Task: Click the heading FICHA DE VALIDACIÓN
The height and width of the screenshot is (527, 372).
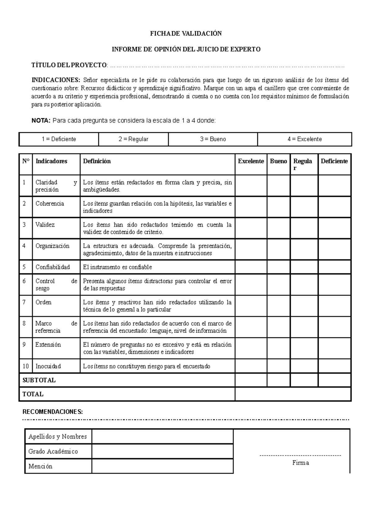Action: tap(186, 34)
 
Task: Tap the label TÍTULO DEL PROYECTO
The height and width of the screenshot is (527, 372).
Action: tap(69, 65)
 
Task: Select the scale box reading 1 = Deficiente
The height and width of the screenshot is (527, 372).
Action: tap(59, 139)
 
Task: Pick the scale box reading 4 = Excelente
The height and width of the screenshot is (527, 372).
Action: tap(304, 139)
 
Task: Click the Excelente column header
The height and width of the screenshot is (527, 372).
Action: tap(251, 161)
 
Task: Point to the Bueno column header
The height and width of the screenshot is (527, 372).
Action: tap(278, 161)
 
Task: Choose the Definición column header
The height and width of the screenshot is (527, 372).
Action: tap(97, 161)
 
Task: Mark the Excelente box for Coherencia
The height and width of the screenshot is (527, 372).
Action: tap(251, 207)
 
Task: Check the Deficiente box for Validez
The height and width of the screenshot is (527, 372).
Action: tap(334, 228)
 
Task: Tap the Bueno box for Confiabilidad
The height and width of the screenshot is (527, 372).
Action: tap(278, 267)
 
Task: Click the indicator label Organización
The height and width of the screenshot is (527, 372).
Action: tap(52, 246)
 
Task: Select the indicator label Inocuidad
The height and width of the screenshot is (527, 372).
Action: tap(48, 366)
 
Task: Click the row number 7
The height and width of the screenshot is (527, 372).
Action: tap(24, 302)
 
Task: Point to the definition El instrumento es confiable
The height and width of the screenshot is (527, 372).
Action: tap(117, 267)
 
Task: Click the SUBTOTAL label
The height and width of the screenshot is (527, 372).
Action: tap(39, 380)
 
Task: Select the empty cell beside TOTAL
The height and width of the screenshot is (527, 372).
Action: tap(293, 394)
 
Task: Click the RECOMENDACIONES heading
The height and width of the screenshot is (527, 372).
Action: tap(53, 412)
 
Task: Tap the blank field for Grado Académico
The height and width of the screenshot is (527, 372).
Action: tap(162, 451)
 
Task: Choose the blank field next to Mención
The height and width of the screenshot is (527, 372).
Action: tap(162, 466)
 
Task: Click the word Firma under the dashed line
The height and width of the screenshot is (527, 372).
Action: tap(300, 463)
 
